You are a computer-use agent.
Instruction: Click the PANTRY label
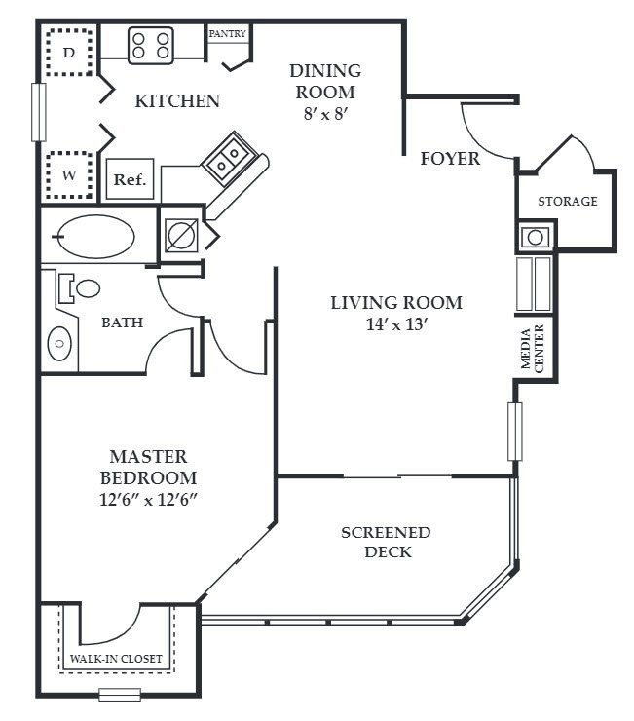[x=228, y=33]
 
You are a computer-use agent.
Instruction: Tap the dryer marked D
[x=69, y=52]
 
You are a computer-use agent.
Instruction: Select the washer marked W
[x=69, y=175]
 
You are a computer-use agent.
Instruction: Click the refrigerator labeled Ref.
[x=130, y=179]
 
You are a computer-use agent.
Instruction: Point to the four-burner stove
[x=151, y=45]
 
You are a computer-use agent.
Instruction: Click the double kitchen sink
[x=229, y=159]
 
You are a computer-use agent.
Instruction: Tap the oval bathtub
[x=96, y=236]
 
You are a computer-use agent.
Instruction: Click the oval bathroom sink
[x=59, y=343]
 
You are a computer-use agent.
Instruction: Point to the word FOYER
[x=450, y=159]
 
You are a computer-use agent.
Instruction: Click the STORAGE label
[x=568, y=201]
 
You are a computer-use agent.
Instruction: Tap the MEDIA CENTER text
[x=533, y=349]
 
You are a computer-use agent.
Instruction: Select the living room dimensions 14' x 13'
[x=397, y=324]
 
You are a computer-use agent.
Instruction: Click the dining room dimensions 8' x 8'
[x=325, y=114]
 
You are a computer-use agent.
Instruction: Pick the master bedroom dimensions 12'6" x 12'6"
[x=148, y=500]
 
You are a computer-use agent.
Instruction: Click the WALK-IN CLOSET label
[x=116, y=659]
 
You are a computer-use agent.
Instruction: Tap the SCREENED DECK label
[x=387, y=542]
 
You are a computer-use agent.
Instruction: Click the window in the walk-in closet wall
[x=120, y=695]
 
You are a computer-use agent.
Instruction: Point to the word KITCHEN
[x=177, y=101]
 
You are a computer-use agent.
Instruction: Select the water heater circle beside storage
[x=535, y=238]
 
